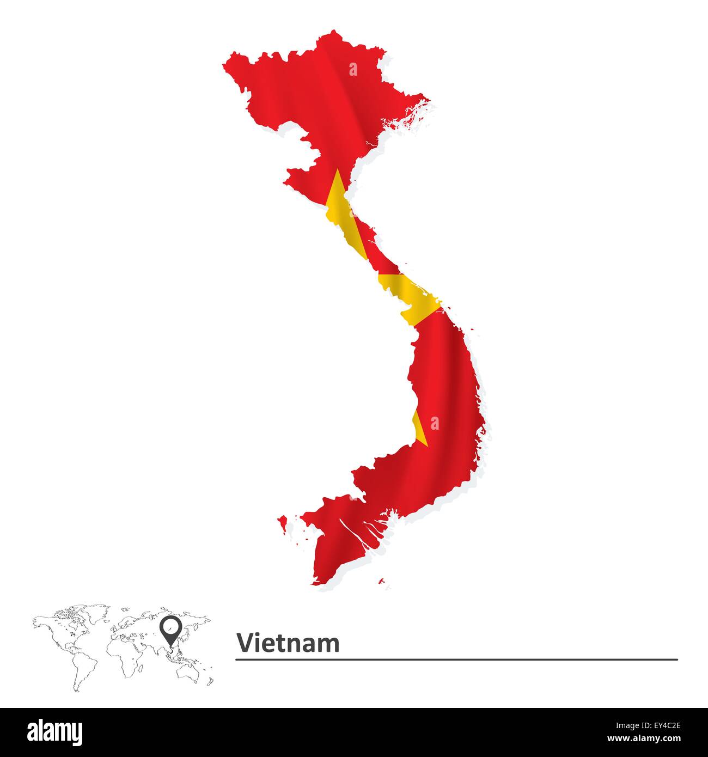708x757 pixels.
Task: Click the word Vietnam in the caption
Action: tap(288, 643)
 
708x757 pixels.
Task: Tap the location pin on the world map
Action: tap(170, 630)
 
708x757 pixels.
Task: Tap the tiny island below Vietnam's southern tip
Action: tap(381, 581)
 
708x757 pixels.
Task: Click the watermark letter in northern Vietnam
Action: tap(353, 69)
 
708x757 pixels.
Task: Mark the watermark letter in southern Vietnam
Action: tap(434, 423)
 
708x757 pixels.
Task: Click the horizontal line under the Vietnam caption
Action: tap(456, 660)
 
